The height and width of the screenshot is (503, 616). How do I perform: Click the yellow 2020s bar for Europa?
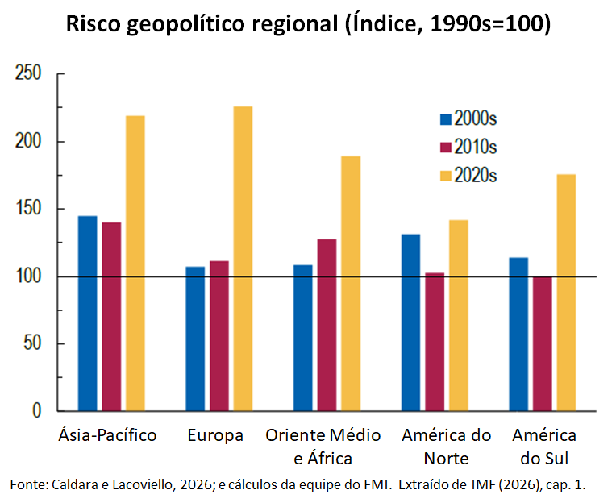(x=243, y=259)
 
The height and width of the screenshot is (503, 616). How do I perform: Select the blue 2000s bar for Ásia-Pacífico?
(x=88, y=314)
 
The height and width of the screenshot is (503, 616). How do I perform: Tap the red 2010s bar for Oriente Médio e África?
(x=327, y=325)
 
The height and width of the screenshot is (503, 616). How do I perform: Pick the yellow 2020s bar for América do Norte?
(x=459, y=316)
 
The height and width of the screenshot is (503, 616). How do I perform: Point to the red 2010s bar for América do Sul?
(x=543, y=344)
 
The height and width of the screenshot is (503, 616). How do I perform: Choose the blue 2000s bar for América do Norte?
(x=410, y=322)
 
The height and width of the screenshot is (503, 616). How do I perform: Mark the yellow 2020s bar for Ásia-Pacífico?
(x=135, y=264)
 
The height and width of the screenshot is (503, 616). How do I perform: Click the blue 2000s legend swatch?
(x=446, y=119)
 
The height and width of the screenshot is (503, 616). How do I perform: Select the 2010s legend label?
(x=476, y=147)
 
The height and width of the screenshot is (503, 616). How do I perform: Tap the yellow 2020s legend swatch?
(x=446, y=176)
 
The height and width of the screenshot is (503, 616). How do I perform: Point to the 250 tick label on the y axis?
(x=28, y=73)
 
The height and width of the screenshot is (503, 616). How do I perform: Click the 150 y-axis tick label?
(x=28, y=208)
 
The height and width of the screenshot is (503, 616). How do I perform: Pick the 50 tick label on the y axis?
(x=32, y=343)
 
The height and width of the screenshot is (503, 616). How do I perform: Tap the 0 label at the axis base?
(x=36, y=411)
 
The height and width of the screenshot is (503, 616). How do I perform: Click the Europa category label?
(x=215, y=435)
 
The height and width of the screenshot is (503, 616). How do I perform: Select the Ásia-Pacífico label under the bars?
(x=107, y=434)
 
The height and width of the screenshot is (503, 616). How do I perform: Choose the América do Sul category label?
(x=544, y=447)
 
